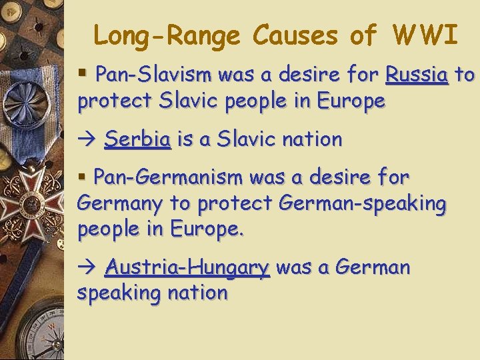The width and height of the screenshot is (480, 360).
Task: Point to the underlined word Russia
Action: [417, 75]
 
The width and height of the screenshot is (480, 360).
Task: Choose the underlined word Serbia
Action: [138, 139]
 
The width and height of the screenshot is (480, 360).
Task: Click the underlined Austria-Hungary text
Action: [187, 267]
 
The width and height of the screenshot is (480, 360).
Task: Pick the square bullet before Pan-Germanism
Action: [83, 177]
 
